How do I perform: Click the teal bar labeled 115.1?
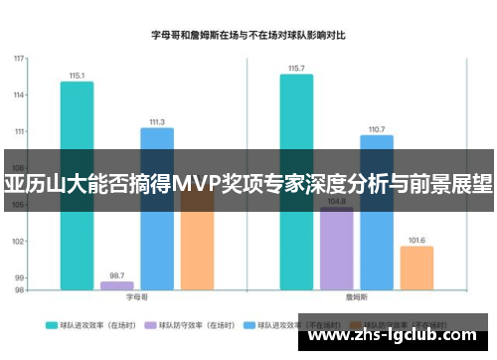[x=77, y=119]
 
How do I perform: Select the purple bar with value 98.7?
[x=116, y=285]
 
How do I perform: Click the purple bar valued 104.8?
[x=336, y=249]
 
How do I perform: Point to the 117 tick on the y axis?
[x=19, y=58]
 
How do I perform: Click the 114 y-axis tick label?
[x=19, y=94]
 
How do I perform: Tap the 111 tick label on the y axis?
[x=19, y=131]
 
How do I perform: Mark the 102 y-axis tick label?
[x=19, y=241]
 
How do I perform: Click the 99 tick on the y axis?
[x=20, y=277]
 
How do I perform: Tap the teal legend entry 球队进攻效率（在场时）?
[x=94, y=324]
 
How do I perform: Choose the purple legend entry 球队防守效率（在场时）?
[x=194, y=324]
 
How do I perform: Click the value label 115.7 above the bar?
[x=296, y=69]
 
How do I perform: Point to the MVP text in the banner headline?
[x=200, y=185]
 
